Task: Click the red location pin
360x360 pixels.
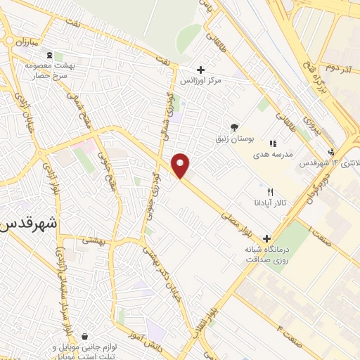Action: coord(181,166)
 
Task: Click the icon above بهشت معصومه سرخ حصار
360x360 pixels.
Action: coord(48,56)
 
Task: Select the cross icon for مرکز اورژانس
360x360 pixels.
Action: coord(201,70)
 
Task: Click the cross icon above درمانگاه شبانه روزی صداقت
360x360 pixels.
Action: coord(266,238)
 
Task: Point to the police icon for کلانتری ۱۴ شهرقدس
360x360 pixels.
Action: coord(331,152)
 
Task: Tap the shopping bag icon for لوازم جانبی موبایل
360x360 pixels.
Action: coord(84,336)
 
